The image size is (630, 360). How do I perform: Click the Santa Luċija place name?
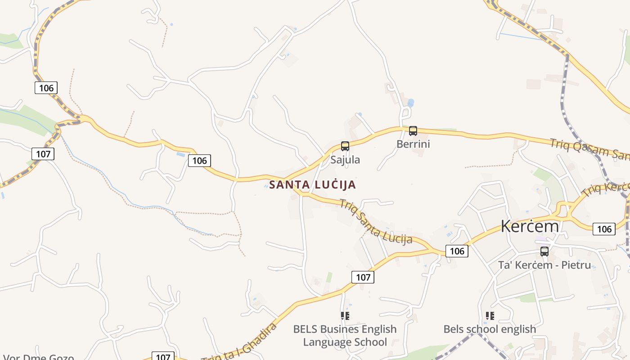pyautogui.click(x=312, y=184)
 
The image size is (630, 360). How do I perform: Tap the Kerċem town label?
pyautogui.click(x=530, y=226)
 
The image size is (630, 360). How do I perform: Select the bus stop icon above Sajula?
pyautogui.click(x=345, y=146)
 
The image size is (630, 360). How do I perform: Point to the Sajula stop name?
pyautogui.click(x=345, y=160)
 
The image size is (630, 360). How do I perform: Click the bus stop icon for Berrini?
pyautogui.click(x=413, y=131)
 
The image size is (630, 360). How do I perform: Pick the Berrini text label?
pyautogui.click(x=413, y=144)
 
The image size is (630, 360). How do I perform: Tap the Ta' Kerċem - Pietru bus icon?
pyautogui.click(x=544, y=252)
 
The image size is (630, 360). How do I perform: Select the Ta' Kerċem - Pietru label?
pyautogui.click(x=544, y=265)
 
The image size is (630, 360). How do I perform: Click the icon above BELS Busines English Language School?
pyautogui.click(x=345, y=316)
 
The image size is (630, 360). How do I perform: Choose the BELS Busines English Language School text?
pyautogui.click(x=345, y=336)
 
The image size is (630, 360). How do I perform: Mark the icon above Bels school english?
pyautogui.click(x=490, y=316)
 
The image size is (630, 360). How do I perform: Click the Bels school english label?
pyautogui.click(x=490, y=329)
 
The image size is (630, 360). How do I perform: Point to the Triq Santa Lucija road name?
pyautogui.click(x=376, y=221)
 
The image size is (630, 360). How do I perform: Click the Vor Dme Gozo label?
pyautogui.click(x=38, y=357)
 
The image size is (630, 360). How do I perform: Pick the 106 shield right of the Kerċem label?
pyautogui.click(x=604, y=229)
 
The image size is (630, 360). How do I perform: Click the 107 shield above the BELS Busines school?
pyautogui.click(x=363, y=277)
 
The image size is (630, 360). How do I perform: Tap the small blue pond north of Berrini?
pyautogui.click(x=410, y=103)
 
